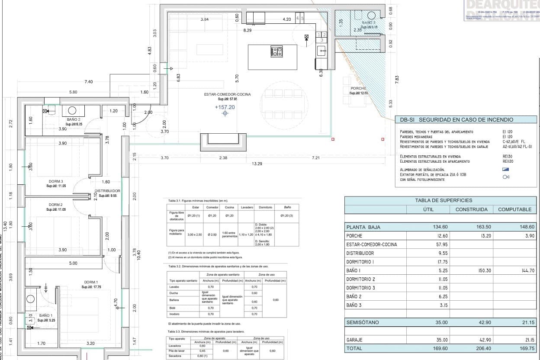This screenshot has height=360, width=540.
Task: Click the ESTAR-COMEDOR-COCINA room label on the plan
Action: pos(227,94)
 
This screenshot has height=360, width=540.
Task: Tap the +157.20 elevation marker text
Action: pos(225,107)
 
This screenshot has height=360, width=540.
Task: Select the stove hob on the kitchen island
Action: pos(276,52)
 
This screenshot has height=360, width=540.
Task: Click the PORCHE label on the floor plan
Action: pos(358,88)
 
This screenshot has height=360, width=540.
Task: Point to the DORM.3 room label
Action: pos(56,181)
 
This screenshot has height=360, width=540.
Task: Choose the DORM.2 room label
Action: pos(56,205)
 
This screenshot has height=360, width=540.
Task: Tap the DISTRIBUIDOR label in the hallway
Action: pos(107,191)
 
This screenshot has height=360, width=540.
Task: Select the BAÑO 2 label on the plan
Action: pos(74,119)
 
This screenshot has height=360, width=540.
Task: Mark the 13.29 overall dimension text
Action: pos(257,164)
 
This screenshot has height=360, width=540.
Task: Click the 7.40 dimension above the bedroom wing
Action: pos(89,82)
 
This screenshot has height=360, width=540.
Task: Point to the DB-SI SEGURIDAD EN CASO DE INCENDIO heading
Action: pos(456,120)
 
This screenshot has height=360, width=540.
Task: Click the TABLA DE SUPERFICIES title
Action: pos(444,200)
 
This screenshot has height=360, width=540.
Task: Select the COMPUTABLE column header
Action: pos(514,209)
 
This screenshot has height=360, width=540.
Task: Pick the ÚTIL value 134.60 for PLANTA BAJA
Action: pos(440,227)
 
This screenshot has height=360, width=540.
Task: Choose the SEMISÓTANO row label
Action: pos(362,322)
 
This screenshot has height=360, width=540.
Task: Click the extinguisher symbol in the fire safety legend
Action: pos(506,177)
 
